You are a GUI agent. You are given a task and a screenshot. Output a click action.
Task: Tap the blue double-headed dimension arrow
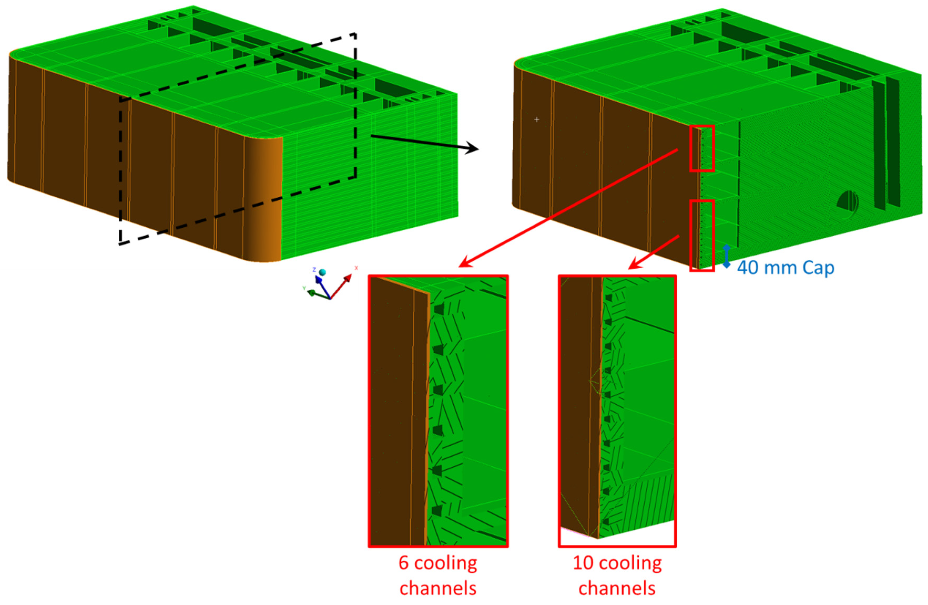[x=726, y=256]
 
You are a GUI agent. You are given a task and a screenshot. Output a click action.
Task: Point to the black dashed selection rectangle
[x=356, y=105]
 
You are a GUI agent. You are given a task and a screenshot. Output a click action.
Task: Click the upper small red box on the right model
[x=702, y=148]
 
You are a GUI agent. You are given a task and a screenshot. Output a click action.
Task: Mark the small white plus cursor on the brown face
[x=537, y=119]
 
